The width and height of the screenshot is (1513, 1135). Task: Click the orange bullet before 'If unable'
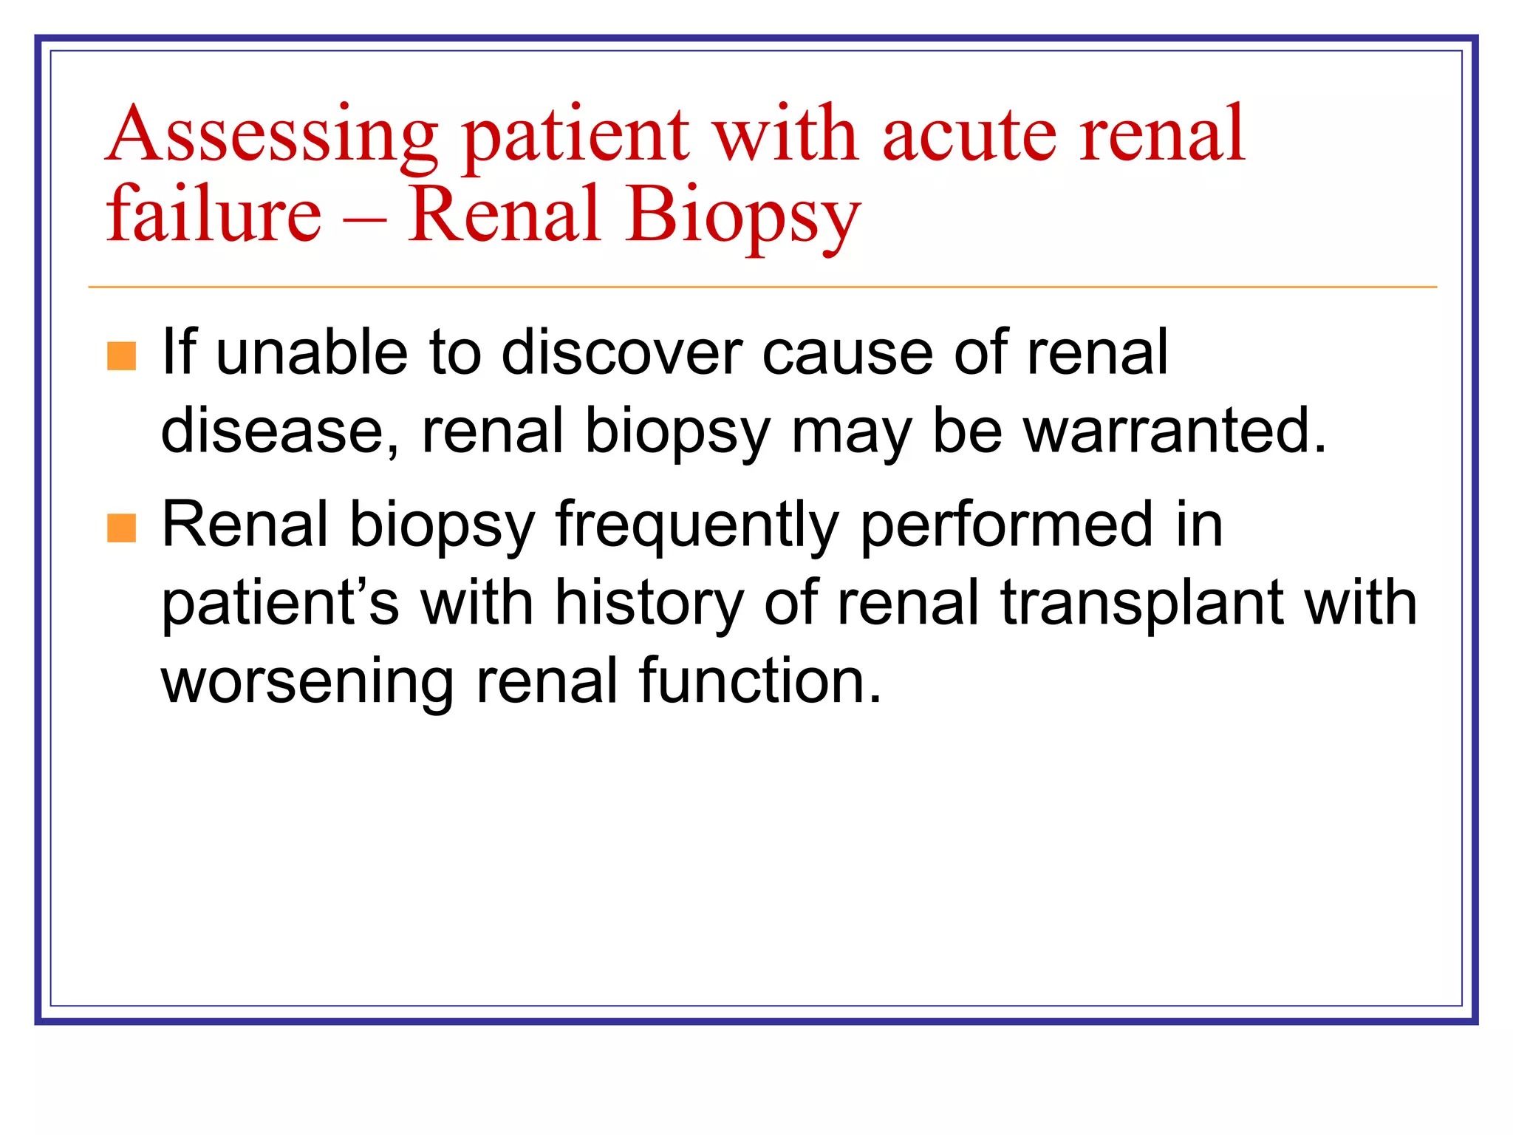pos(122,355)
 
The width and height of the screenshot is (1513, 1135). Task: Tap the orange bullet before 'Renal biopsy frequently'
pos(122,528)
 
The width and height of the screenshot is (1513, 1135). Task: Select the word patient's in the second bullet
pos(280,604)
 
